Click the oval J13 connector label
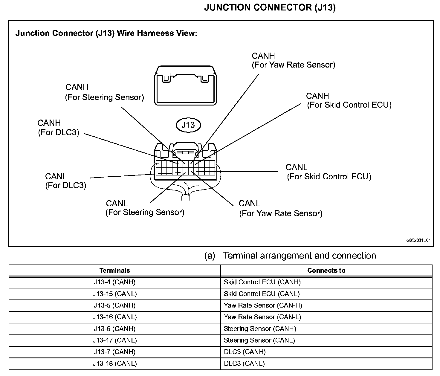click(x=188, y=125)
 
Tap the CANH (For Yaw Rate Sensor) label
click(x=293, y=60)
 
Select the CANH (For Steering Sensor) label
click(x=104, y=92)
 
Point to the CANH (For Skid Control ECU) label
click(x=349, y=100)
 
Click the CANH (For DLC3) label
click(x=58, y=128)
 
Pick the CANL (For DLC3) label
click(x=65, y=181)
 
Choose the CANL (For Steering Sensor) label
click(x=145, y=208)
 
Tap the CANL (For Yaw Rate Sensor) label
click(x=280, y=208)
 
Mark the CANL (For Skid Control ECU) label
click(x=329, y=172)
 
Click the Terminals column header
click(x=115, y=270)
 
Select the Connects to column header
click(x=326, y=270)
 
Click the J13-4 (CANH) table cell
click(x=115, y=282)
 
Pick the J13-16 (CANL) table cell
click(x=115, y=317)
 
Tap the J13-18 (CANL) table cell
click(x=115, y=364)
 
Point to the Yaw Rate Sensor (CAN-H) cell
click(x=263, y=305)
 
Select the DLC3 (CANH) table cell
click(x=245, y=352)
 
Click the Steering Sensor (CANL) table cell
click(x=259, y=340)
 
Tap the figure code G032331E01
click(x=418, y=240)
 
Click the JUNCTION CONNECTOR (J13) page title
click(x=270, y=8)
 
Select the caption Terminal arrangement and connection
click(x=299, y=256)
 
